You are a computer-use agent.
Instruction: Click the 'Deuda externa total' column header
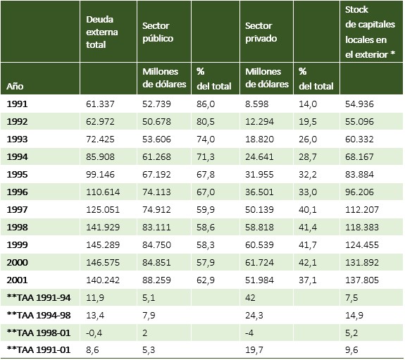[101, 32]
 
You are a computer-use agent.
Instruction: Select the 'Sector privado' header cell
[261, 32]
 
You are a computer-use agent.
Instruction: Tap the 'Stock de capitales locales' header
[370, 32]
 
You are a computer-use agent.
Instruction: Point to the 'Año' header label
[15, 86]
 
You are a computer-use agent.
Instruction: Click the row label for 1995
[17, 175]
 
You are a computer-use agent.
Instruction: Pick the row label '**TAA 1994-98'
[39, 316]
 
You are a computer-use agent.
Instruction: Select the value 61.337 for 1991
[100, 104]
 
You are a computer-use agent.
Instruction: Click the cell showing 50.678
[156, 121]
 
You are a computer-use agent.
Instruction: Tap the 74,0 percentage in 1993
[206, 139]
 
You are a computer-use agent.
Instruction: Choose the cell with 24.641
[259, 157]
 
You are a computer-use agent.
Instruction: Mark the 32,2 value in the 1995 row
[308, 175]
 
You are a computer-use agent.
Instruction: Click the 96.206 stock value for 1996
[359, 192]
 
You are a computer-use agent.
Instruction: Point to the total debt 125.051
[103, 210]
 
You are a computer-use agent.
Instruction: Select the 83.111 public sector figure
[156, 227]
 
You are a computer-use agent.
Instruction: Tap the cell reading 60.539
[259, 244]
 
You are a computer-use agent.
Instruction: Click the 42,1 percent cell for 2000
[308, 262]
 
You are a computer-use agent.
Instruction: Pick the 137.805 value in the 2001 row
[362, 280]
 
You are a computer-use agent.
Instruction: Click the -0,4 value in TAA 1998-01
[94, 333]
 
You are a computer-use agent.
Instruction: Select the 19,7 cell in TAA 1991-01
[254, 350]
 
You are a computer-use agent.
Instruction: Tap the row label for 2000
[17, 262]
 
